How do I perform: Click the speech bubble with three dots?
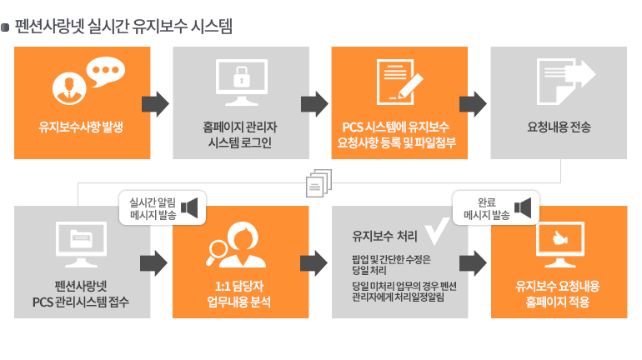(106, 71)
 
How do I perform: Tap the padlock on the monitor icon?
(242, 77)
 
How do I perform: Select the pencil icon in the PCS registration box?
(410, 86)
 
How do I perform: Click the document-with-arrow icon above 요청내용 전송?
(565, 81)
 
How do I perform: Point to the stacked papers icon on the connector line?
(319, 182)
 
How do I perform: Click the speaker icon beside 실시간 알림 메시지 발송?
(189, 207)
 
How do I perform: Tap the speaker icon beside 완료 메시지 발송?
(523, 207)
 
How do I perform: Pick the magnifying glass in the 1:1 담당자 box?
(217, 252)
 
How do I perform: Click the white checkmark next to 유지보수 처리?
(437, 231)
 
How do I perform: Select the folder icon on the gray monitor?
(82, 239)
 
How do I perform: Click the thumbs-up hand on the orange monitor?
(559, 237)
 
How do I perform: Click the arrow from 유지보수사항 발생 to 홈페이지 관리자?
(155, 104)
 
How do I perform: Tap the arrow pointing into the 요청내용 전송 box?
(473, 104)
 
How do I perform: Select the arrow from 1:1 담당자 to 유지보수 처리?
(313, 263)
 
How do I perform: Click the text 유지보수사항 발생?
(81, 127)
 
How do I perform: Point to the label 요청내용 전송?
(559, 127)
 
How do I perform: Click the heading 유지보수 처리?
(384, 236)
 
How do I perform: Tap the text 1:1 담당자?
(239, 286)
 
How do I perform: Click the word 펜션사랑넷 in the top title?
(49, 27)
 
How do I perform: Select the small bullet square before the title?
(5, 27)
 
